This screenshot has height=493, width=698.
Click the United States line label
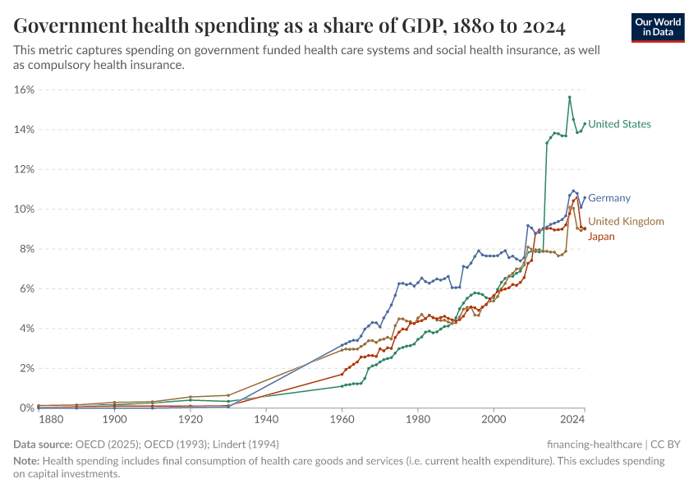[x=619, y=124]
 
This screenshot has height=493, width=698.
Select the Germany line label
[x=609, y=198]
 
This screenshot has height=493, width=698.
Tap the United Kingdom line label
[x=626, y=221]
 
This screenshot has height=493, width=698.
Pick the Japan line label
[x=601, y=237]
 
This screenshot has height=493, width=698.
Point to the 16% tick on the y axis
[x=23, y=90]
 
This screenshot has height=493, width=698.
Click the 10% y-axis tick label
[x=23, y=210]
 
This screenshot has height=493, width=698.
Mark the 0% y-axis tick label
[x=25, y=408]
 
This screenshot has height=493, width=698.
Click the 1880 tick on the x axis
[x=51, y=420]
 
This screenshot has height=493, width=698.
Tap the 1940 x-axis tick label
[x=266, y=420]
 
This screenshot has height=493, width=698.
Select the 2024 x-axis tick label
[x=572, y=420]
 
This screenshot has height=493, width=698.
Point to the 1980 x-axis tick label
[x=418, y=420]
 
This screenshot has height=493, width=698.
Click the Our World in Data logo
[x=657, y=27]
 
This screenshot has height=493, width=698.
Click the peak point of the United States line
[x=569, y=97]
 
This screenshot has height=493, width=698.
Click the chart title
[x=289, y=27]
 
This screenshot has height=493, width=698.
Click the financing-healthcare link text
[x=595, y=444]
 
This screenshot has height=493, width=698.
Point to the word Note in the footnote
[x=27, y=461]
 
